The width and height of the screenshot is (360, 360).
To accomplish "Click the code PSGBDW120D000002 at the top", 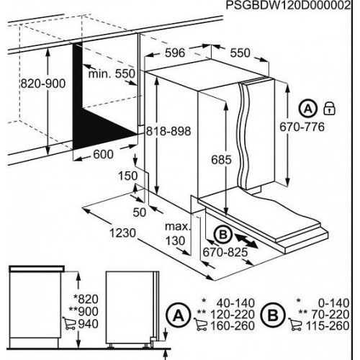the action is [x=288, y=5].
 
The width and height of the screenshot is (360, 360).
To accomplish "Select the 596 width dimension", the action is [x=175, y=53].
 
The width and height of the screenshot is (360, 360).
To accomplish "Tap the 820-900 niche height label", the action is [x=42, y=84].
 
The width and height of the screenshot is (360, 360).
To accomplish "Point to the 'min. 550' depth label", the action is [x=112, y=73].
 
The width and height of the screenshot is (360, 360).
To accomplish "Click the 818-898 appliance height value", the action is [x=168, y=131].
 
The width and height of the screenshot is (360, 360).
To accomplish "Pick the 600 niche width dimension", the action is [x=103, y=154].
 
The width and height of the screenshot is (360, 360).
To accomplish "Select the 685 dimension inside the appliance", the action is [x=221, y=160].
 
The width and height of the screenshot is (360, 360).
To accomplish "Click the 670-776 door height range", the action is [x=302, y=127].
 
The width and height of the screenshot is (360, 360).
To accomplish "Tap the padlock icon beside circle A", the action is [x=329, y=109].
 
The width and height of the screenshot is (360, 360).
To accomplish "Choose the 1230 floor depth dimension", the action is [x=123, y=233].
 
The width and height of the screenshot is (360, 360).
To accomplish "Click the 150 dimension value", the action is [x=128, y=176].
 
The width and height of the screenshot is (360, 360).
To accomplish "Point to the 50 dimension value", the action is [x=140, y=212].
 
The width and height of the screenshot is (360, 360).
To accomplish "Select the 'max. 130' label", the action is [x=177, y=233].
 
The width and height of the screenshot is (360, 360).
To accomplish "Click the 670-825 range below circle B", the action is [x=225, y=252].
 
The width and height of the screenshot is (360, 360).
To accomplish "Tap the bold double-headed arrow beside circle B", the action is [x=246, y=242].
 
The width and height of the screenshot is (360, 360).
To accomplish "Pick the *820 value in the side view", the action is [x=86, y=299].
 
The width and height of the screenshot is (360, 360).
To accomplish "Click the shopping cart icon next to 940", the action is [x=69, y=324].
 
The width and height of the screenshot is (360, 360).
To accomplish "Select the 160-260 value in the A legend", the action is [x=233, y=325].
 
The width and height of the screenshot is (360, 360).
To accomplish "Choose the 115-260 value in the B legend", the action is [x=328, y=325].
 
